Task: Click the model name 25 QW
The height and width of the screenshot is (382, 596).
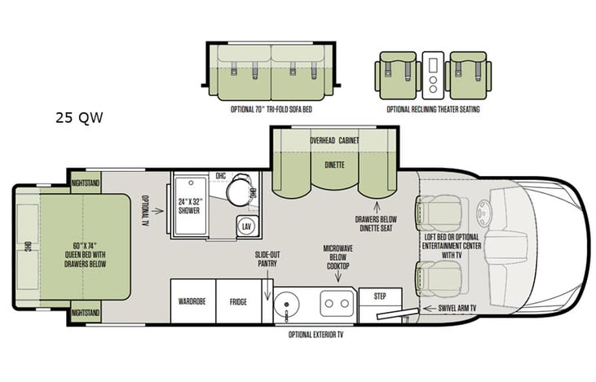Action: tap(79, 116)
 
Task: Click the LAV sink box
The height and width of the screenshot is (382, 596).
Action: tap(245, 226)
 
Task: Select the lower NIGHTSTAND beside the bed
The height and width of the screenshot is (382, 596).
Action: tap(85, 312)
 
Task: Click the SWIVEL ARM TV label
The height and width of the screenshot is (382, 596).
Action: tap(457, 309)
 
